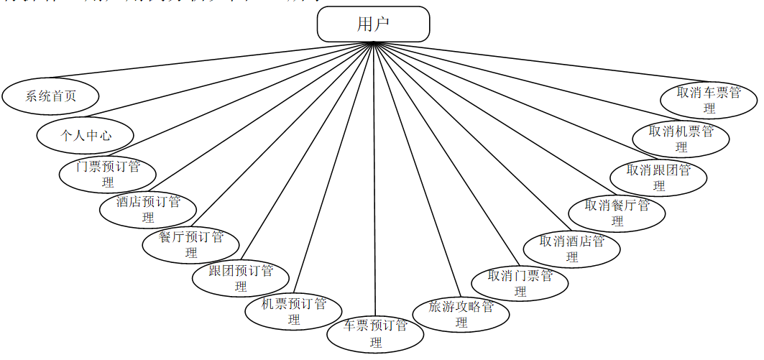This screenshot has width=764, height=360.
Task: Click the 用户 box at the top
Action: coord(373,24)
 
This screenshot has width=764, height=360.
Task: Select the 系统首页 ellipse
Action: coord(50,96)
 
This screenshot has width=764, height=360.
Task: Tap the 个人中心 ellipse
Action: coord(86,135)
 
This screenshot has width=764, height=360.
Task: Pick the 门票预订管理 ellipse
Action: coord(108,174)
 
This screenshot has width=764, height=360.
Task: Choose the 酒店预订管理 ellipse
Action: coord(148,209)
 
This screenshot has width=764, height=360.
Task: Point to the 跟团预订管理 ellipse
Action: coord(241,278)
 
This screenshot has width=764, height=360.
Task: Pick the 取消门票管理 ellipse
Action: coord(520,283)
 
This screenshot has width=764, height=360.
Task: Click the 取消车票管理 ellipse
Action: coord(709,100)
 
